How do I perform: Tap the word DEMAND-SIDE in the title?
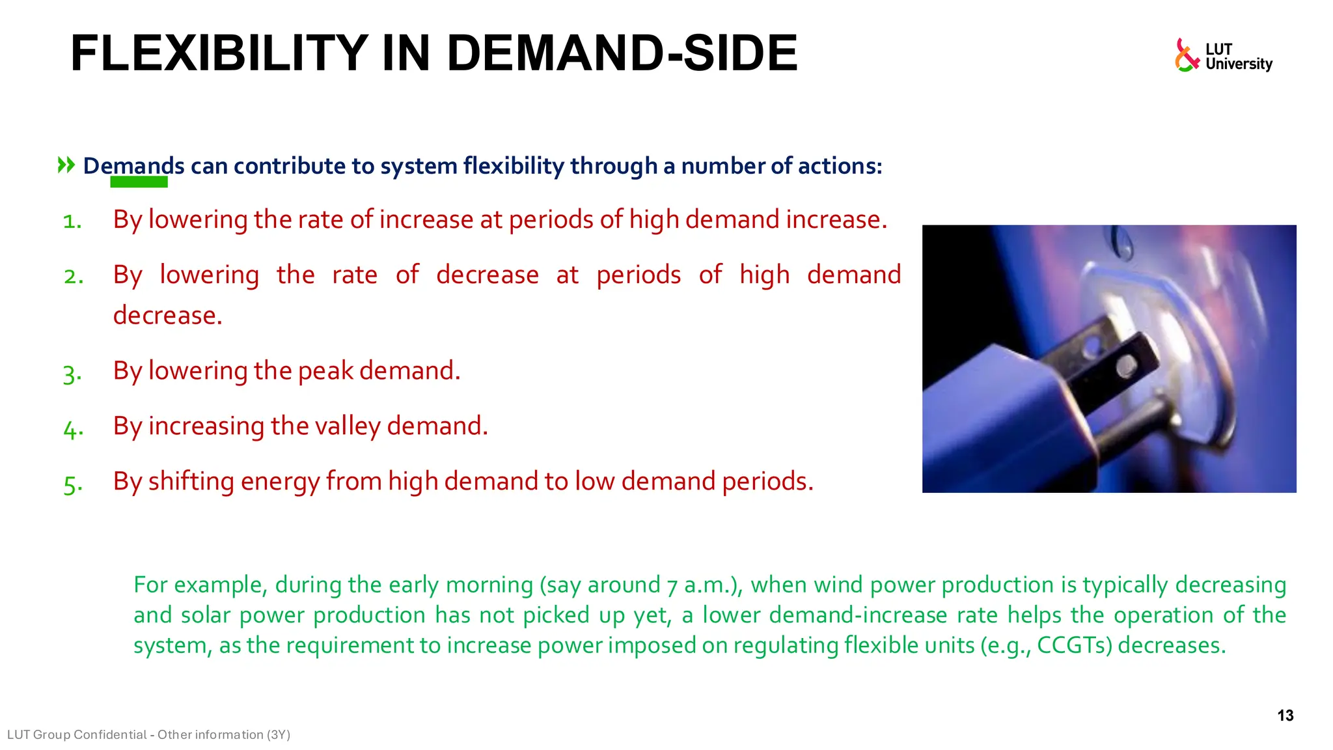622,53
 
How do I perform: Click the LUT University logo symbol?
1186,55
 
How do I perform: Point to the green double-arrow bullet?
66,165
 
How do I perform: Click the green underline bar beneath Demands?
139,182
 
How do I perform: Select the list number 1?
72,221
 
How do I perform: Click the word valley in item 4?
348,426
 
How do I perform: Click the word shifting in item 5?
191,482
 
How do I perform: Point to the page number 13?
1285,715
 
